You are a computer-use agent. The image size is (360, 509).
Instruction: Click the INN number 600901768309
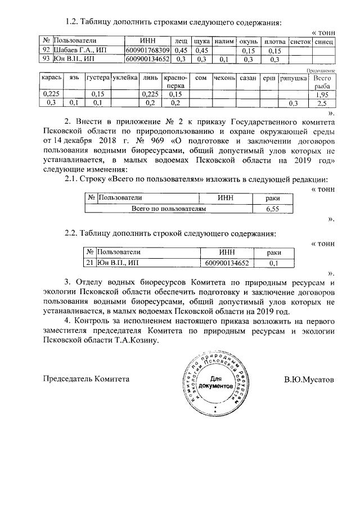point(147,51)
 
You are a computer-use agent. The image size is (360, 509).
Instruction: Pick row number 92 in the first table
point(46,51)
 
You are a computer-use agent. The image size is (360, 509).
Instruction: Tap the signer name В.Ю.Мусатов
point(309,379)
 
